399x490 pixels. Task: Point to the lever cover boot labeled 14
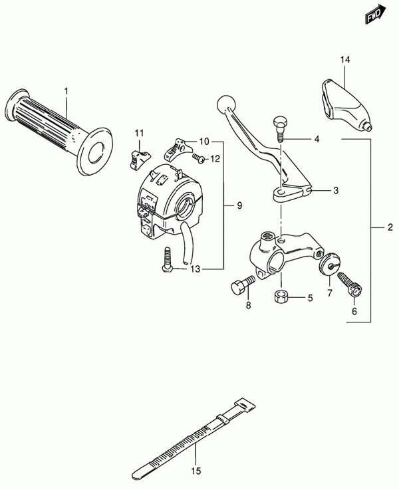(345, 101)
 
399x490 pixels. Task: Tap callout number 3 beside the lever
(336, 191)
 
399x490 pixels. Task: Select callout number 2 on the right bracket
(390, 227)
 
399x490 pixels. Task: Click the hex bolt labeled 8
(239, 287)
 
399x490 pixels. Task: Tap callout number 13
(194, 269)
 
